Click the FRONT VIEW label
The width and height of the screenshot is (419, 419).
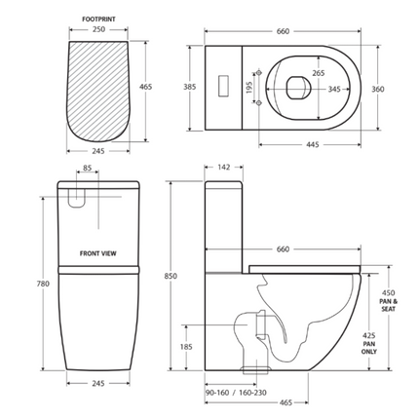[x=97, y=252]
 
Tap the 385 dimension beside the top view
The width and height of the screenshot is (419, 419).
[x=191, y=87]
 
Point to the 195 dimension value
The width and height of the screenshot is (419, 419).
[x=248, y=87]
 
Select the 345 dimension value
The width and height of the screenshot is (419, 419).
[x=335, y=89]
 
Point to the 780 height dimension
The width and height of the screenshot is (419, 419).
[x=41, y=284]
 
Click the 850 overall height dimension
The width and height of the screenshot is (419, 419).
[x=172, y=276]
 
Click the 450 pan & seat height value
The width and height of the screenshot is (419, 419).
[x=387, y=293]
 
